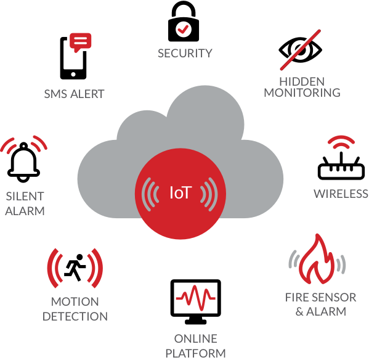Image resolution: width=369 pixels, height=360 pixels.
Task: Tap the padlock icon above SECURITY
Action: pyautogui.click(x=184, y=21)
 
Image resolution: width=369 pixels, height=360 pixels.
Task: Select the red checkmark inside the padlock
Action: pyautogui.click(x=183, y=29)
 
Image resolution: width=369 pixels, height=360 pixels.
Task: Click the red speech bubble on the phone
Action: pyautogui.click(x=81, y=42)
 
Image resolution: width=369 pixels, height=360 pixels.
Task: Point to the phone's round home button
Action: pyautogui.click(x=73, y=75)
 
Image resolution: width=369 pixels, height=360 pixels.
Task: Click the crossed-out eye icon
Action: pyautogui.click(x=300, y=50)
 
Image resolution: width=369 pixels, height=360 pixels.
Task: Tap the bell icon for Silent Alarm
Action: pyautogui.click(x=23, y=163)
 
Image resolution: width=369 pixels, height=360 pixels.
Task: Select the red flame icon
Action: pyautogui.click(x=317, y=260)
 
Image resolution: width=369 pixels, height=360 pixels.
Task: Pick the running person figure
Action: pyautogui.click(x=75, y=268)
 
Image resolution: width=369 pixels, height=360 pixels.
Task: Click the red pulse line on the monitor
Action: pyautogui.click(x=196, y=298)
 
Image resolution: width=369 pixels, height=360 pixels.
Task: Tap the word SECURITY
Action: pyautogui.click(x=185, y=53)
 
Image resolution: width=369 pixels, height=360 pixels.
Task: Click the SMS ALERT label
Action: pyautogui.click(x=74, y=94)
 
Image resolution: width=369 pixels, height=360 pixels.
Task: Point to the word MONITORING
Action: pyautogui.click(x=302, y=92)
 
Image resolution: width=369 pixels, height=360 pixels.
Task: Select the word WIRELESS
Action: pyautogui.click(x=341, y=194)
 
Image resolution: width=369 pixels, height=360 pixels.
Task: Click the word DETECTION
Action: pyautogui.click(x=75, y=316)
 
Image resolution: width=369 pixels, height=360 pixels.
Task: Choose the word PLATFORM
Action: pyautogui.click(x=195, y=353)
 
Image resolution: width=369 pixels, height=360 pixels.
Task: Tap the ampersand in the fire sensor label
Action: pyautogui.click(x=299, y=311)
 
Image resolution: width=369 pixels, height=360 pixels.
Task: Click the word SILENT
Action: pyautogui.click(x=25, y=197)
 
